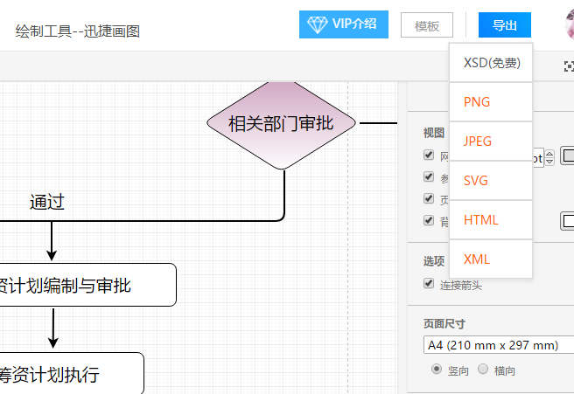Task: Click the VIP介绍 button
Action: coord(344,24)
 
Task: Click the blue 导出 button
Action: coord(504,25)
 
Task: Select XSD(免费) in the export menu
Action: coord(491,63)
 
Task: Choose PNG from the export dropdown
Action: coord(477,102)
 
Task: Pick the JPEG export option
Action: coord(478,142)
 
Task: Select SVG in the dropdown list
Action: coord(476,181)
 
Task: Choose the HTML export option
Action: coord(480,220)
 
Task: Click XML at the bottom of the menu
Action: coord(477,259)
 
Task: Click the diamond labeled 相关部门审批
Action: coord(282,123)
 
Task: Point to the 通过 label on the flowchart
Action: coord(47,203)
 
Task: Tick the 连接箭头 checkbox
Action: coord(429,284)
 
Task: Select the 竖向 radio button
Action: coord(437,370)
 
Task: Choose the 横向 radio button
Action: coord(483,370)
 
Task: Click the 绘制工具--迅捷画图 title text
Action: coord(78,31)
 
